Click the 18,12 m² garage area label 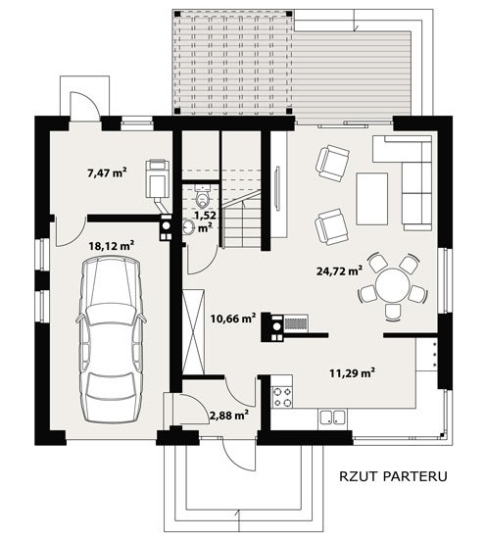tap(112, 246)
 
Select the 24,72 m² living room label tap(339, 270)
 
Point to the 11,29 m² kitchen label tap(353, 372)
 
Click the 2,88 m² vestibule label tap(229, 416)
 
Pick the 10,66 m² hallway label tap(233, 319)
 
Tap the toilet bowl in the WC tap(202, 197)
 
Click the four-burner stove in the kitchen tap(282, 397)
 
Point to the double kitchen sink tap(332, 417)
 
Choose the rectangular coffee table tap(372, 199)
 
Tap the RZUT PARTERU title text tap(393, 476)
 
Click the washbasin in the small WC tap(188, 227)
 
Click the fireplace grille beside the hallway tap(296, 323)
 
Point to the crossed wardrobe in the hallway tap(193, 332)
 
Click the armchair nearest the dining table tap(331, 226)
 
